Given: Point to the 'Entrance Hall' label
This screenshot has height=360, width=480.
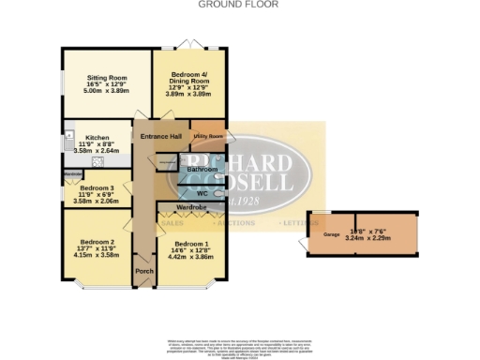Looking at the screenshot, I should (160, 138).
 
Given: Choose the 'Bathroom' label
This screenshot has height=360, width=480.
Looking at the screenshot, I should (201, 170).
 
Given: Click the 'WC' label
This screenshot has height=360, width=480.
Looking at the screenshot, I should (202, 193).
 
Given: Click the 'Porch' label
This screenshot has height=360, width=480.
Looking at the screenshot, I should (144, 271).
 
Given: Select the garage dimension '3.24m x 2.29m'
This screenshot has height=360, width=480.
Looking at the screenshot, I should (368, 238).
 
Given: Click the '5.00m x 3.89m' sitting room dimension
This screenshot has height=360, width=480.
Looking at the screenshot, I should (105, 88).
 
